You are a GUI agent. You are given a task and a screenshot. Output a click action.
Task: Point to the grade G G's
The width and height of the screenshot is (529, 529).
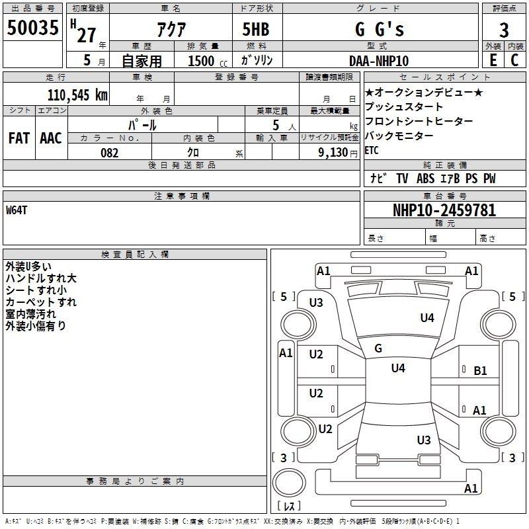(379, 30)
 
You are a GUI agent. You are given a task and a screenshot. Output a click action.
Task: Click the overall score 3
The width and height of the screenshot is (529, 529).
(504, 30)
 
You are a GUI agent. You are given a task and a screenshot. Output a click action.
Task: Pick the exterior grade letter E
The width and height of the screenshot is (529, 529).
(493, 60)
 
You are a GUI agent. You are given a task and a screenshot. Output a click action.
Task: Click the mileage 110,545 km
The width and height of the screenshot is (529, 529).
(77, 95)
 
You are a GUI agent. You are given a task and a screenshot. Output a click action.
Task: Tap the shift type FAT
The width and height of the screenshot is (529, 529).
(19, 138)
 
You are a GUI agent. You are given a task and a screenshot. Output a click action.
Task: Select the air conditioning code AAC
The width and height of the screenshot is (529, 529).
(51, 138)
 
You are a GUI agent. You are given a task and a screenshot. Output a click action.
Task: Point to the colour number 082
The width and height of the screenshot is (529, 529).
(110, 153)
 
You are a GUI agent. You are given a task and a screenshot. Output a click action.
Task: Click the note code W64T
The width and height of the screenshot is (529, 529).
(17, 210)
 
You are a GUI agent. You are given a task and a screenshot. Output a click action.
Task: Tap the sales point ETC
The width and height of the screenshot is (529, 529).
(372, 151)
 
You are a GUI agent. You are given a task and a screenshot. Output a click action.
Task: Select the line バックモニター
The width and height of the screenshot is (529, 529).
(399, 136)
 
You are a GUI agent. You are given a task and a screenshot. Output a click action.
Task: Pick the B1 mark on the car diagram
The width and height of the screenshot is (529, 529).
(480, 371)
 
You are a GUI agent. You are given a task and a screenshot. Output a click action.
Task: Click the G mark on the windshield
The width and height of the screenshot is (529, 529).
(378, 348)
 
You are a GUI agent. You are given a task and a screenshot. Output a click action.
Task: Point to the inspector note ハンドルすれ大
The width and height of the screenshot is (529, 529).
(41, 278)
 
